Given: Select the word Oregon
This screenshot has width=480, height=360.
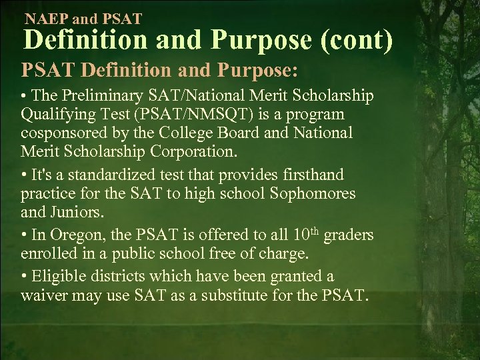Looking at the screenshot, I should (x=70, y=235).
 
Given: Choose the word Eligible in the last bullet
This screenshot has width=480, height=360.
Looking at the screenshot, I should (x=58, y=276).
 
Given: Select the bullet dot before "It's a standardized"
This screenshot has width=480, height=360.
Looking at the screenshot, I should (x=24, y=175).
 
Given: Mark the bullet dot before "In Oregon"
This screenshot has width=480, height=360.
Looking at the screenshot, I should (x=24, y=235).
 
